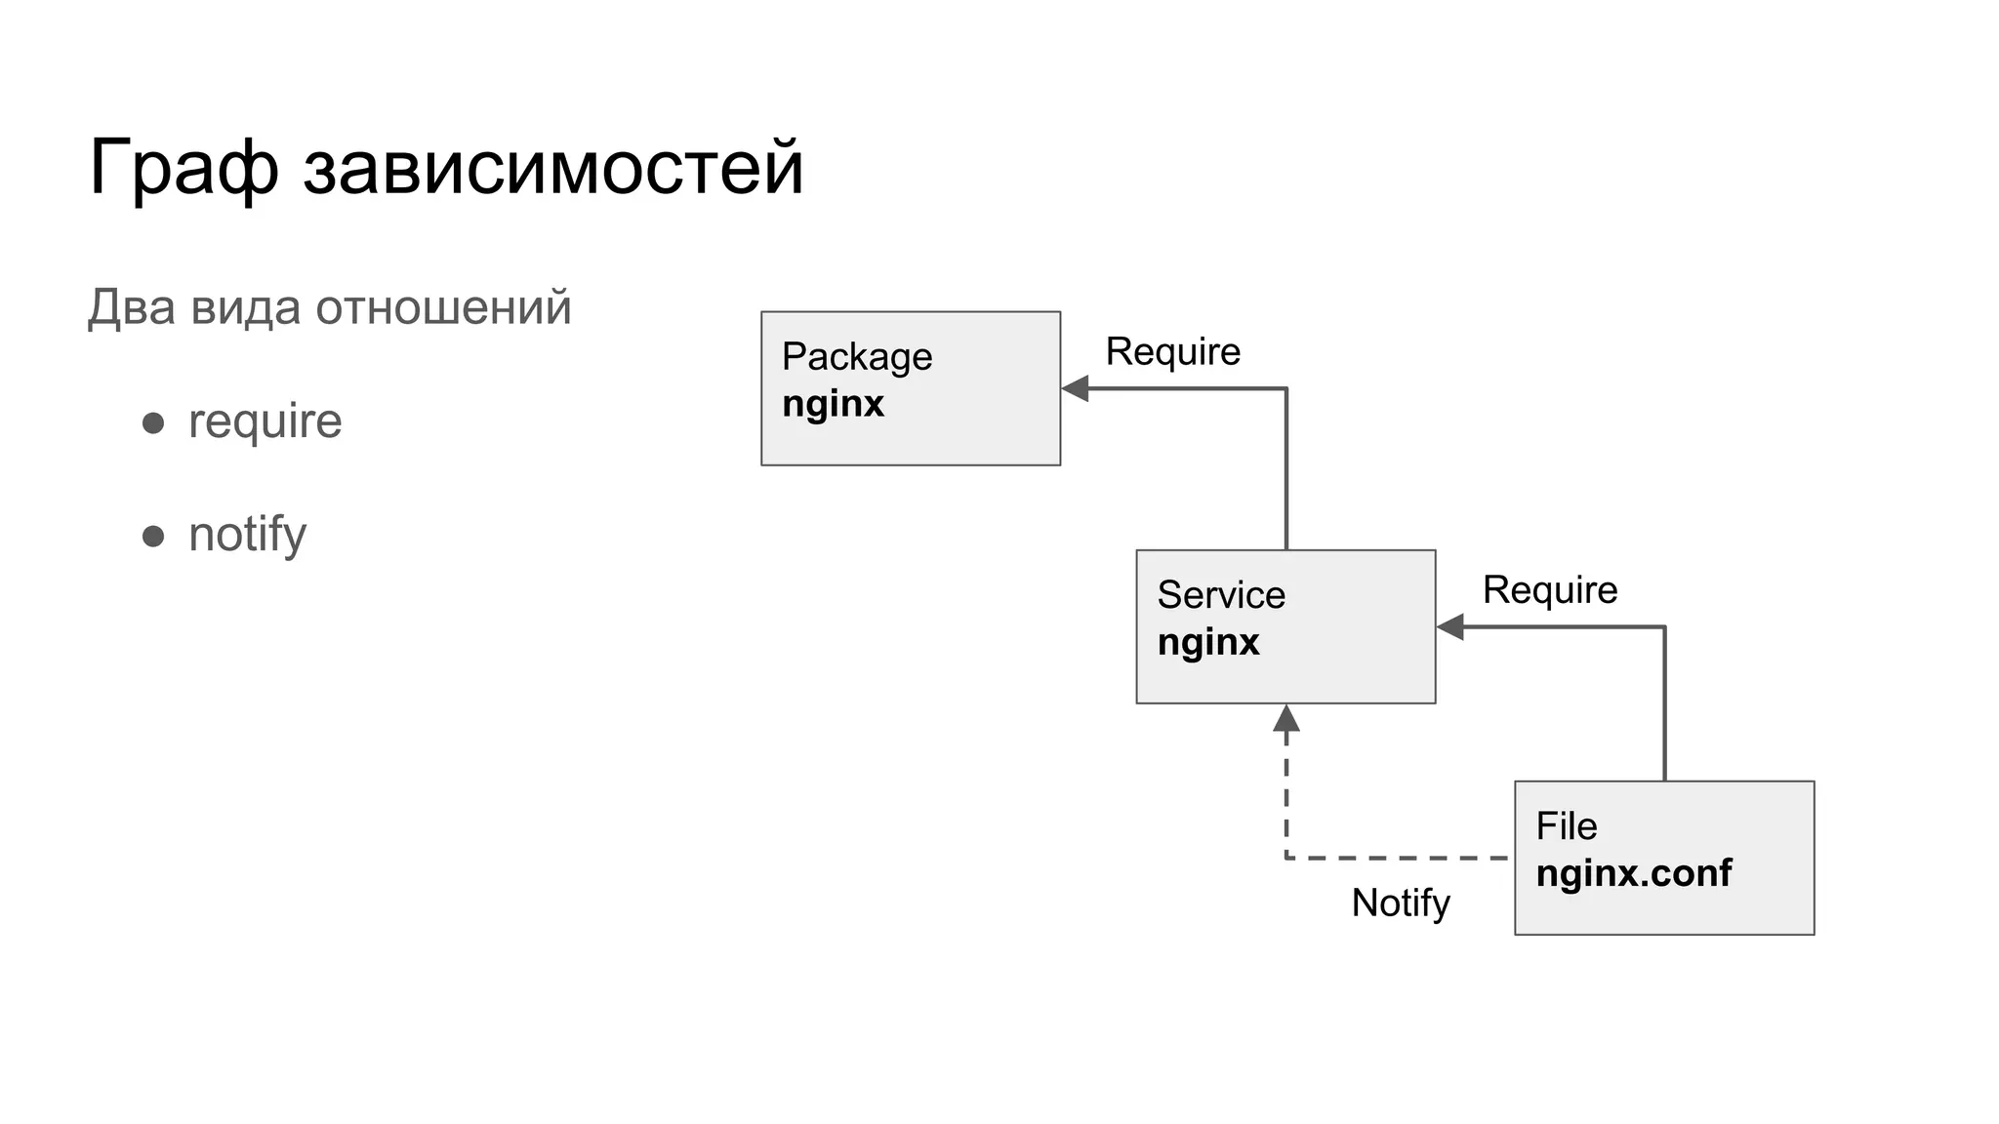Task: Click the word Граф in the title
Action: click(184, 169)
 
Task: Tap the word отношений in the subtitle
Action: click(443, 307)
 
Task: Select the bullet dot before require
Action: click(153, 422)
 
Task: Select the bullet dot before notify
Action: click(153, 536)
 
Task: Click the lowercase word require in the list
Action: click(265, 421)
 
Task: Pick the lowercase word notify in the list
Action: click(247, 535)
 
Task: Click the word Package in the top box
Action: click(856, 357)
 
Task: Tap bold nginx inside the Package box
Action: click(833, 404)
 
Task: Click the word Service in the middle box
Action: click(1220, 595)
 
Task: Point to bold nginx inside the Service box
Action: click(1208, 642)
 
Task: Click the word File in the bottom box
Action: click(1566, 826)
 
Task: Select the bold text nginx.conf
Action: click(1633, 873)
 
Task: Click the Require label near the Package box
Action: click(1172, 351)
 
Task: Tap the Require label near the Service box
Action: click(1549, 590)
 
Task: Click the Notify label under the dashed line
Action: click(1400, 903)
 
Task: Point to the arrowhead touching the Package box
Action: click(1075, 388)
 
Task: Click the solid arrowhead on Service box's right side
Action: click(1450, 627)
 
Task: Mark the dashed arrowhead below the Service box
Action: click(1286, 719)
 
